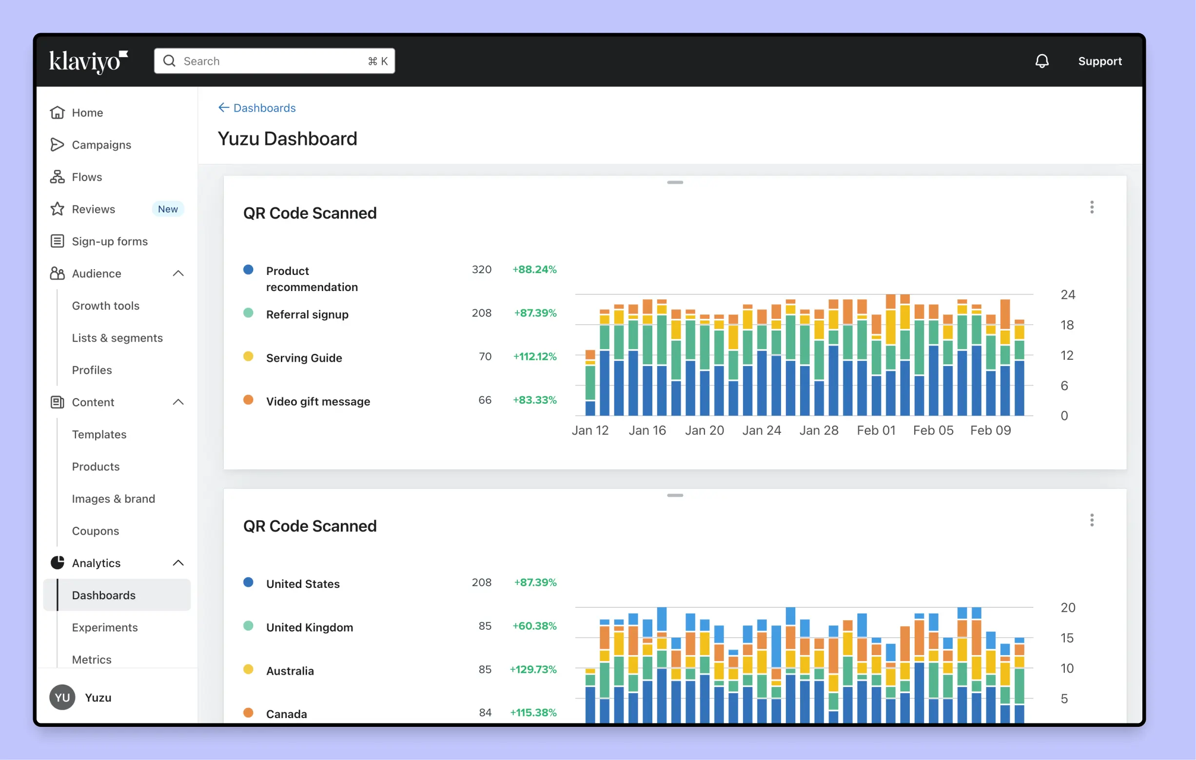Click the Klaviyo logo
click(x=88, y=61)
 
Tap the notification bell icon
click(x=1041, y=61)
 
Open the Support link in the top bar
click(x=1099, y=61)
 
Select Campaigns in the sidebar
click(x=101, y=145)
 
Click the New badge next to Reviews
click(x=167, y=209)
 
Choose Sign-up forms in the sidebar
click(x=110, y=241)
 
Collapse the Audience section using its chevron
click(x=178, y=273)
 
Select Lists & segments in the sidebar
click(x=117, y=338)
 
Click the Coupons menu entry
click(x=96, y=530)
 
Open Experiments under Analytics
click(x=105, y=627)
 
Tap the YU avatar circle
click(x=62, y=698)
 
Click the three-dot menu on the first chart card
click(x=1091, y=207)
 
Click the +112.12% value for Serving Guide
click(x=534, y=357)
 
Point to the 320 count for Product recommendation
click(x=481, y=269)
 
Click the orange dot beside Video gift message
click(x=248, y=400)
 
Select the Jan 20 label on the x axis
click(x=704, y=430)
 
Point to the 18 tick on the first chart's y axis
click(x=1067, y=325)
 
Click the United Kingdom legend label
click(x=310, y=627)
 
